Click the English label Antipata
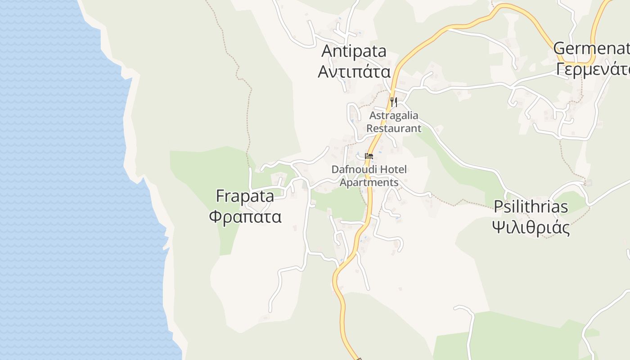(x=354, y=51)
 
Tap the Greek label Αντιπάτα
(x=354, y=71)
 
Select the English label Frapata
(x=245, y=196)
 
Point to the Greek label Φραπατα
(x=245, y=217)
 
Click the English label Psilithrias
(x=531, y=207)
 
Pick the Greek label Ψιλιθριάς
(x=531, y=227)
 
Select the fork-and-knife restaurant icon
(x=394, y=102)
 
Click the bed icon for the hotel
(x=369, y=156)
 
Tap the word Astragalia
(x=394, y=116)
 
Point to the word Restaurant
(x=394, y=128)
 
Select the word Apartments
(x=369, y=183)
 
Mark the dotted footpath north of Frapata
(x=247, y=112)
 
